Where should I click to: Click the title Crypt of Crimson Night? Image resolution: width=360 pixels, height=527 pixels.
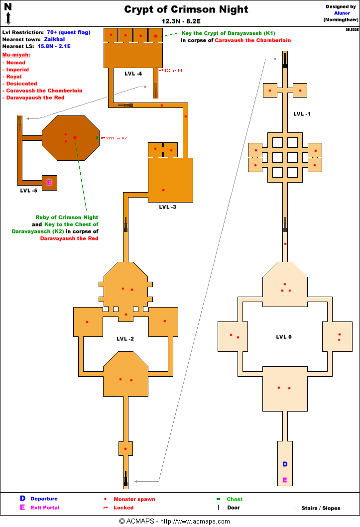(x=186, y=9)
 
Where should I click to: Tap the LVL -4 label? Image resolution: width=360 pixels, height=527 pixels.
(x=133, y=74)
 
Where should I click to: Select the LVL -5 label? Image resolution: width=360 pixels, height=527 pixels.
(x=28, y=190)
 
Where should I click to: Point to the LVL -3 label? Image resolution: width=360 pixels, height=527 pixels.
(x=167, y=207)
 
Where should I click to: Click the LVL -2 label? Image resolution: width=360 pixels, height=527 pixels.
(x=125, y=339)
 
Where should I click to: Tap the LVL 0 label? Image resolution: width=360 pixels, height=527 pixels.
(x=284, y=337)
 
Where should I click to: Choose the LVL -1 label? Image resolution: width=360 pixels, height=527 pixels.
(x=302, y=114)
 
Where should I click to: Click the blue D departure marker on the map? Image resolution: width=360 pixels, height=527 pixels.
(x=285, y=464)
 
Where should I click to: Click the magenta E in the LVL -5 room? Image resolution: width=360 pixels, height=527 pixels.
(x=49, y=183)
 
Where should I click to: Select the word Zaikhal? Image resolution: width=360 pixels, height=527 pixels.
(x=54, y=39)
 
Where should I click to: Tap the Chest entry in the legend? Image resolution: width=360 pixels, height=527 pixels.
(x=235, y=499)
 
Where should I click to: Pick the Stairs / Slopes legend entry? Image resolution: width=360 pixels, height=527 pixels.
(x=321, y=508)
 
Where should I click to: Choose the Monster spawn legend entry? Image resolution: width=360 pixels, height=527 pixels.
(x=134, y=499)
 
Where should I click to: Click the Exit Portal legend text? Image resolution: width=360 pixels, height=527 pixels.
(x=45, y=508)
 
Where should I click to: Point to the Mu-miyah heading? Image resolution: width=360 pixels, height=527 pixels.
(x=16, y=55)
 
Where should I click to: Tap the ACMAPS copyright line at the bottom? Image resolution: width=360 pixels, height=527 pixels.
(x=174, y=521)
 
